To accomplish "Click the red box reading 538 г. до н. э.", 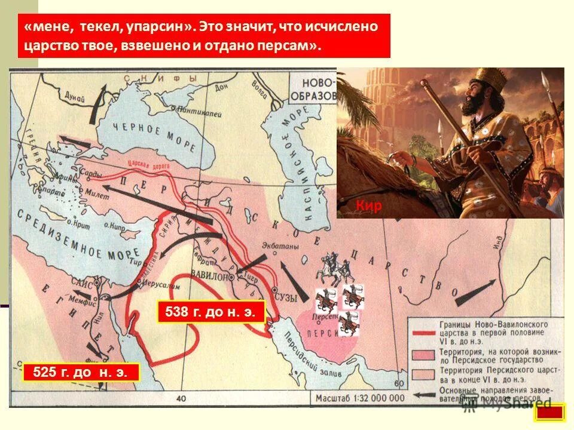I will coord(210,312).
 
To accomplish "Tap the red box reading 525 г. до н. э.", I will coord(81,373).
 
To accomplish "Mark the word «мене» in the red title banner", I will coord(45,27).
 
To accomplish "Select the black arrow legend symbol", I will coord(423,394).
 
